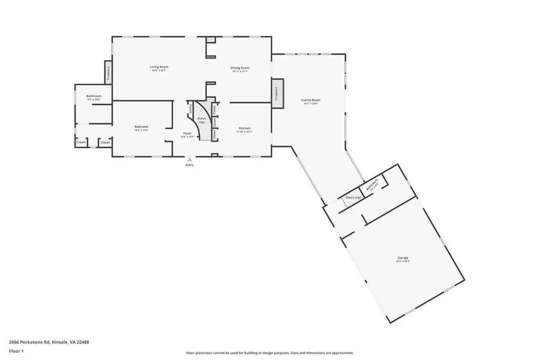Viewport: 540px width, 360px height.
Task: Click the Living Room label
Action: [x=159, y=67]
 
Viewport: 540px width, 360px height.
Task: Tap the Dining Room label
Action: [x=240, y=68]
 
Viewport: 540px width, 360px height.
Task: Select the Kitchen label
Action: [x=244, y=128]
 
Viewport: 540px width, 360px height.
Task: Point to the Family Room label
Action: [x=310, y=100]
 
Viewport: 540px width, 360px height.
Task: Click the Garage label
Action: [x=403, y=257]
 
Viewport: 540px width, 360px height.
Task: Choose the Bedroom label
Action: [x=141, y=127]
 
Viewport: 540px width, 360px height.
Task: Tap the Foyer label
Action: [x=187, y=134]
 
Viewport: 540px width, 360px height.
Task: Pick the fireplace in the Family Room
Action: [x=277, y=94]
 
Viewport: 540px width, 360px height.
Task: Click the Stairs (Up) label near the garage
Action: [x=353, y=197]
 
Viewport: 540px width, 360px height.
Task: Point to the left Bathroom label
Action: [x=94, y=96]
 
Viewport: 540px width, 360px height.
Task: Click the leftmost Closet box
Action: [x=80, y=142]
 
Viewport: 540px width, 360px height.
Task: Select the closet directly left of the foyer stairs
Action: [x=191, y=109]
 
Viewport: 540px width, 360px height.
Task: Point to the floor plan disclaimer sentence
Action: [x=269, y=353]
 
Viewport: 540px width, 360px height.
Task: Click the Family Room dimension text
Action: [x=310, y=104]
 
